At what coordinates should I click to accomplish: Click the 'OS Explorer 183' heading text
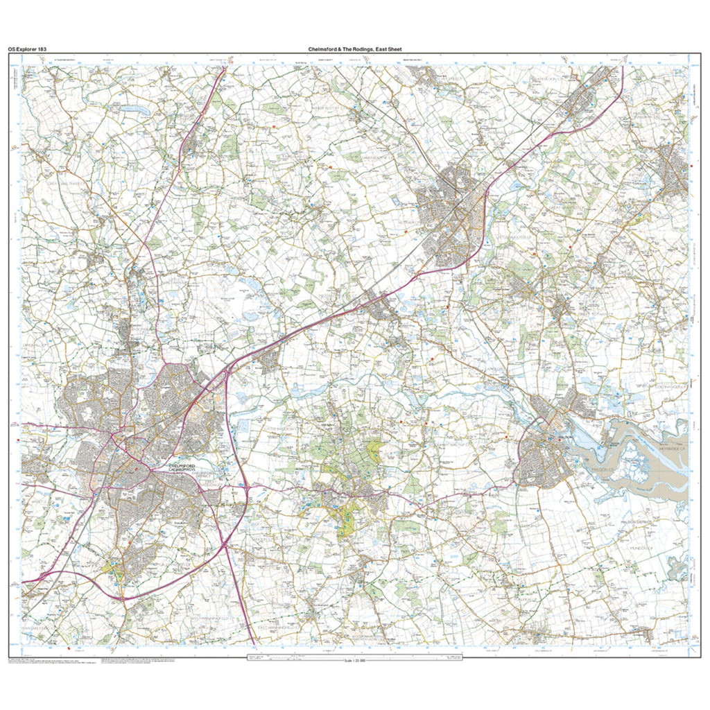27,49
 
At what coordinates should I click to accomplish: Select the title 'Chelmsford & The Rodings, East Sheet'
355,49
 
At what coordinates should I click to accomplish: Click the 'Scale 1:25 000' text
355,659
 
